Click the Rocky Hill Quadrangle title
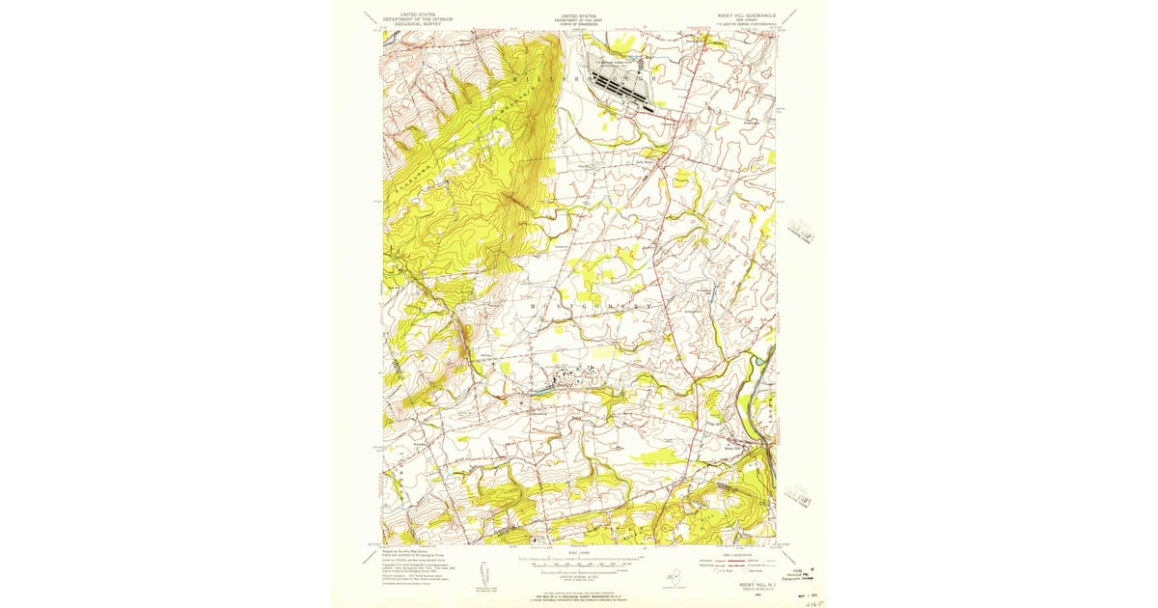(x=738, y=17)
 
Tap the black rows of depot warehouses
(x=622, y=87)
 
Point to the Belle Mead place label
(x=645, y=162)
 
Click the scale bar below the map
(x=579, y=560)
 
